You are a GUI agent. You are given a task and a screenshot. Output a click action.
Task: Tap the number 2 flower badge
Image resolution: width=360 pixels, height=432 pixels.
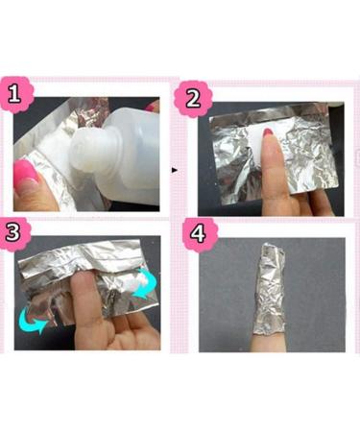tap(193, 98)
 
